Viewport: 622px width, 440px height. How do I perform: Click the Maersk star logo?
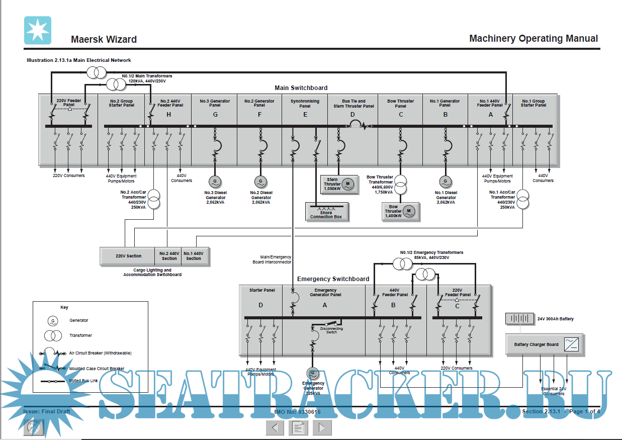[x=38, y=30]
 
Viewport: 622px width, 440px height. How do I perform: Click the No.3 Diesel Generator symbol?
[x=215, y=181]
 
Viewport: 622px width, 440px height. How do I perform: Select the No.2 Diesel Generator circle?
[x=260, y=181]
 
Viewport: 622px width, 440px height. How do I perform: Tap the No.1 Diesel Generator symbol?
[x=445, y=181]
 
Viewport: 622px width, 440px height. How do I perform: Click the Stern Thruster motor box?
[x=338, y=184]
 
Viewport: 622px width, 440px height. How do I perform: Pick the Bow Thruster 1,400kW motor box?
[x=400, y=212]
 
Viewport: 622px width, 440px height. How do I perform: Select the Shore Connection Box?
[x=327, y=212]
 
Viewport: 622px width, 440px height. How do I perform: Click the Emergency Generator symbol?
[x=313, y=373]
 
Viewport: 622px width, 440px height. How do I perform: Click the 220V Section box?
[x=128, y=256]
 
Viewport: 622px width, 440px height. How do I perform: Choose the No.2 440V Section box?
[x=169, y=256]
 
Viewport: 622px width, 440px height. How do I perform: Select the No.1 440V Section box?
[x=194, y=256]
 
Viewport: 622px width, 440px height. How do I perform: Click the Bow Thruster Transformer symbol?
[x=401, y=185]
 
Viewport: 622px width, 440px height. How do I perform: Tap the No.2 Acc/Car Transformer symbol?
[x=154, y=199]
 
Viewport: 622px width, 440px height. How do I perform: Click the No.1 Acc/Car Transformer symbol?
[x=523, y=199]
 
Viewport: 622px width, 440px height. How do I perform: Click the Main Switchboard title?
[x=301, y=88]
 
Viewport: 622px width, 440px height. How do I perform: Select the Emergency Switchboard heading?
[x=333, y=279]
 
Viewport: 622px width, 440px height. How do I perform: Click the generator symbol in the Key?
[x=52, y=320]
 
